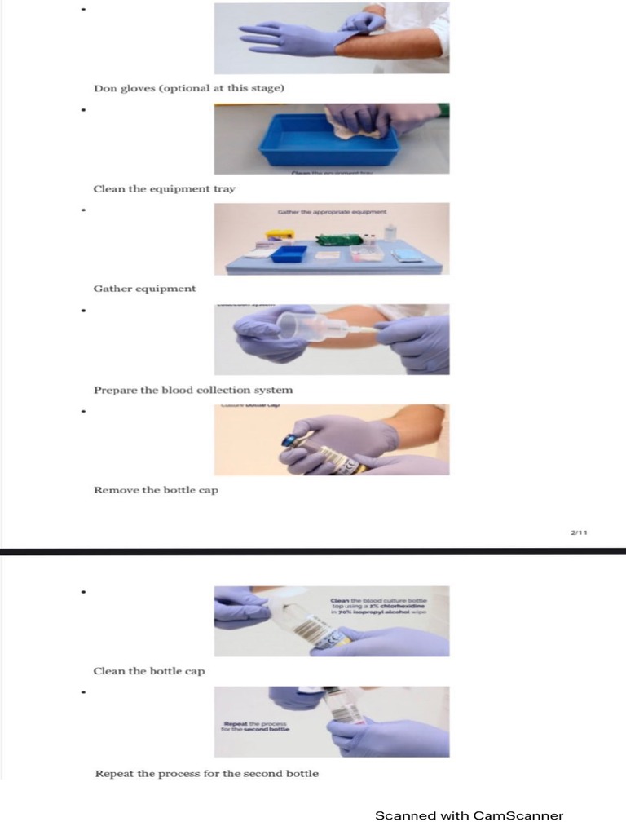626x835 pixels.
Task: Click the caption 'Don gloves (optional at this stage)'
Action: click(188, 88)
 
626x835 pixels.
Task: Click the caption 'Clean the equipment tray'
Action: click(164, 188)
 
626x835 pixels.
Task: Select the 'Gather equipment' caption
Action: click(144, 289)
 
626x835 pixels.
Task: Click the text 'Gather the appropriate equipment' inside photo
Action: click(332, 212)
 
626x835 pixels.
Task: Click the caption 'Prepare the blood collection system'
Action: click(192, 390)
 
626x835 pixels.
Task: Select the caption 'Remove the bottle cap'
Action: click(156, 490)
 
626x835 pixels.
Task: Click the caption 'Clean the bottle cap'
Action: click(148, 671)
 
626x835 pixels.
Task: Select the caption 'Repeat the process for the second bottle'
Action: click(206, 773)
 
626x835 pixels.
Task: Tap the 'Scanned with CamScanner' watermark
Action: click(469, 815)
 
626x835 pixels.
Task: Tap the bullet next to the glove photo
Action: click(82, 10)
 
